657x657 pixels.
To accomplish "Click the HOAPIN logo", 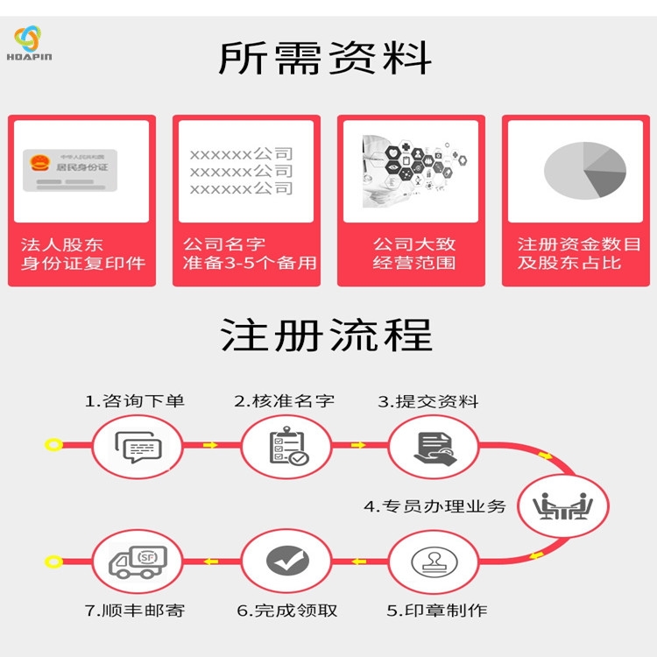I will point(33,44).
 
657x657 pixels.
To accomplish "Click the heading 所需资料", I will point(325,59).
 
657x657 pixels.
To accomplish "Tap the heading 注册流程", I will point(325,336).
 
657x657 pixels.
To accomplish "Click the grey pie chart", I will point(584,170).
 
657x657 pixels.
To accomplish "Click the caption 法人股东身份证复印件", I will point(82,253).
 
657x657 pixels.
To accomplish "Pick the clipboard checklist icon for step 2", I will point(287,447).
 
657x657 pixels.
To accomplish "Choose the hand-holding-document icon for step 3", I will point(434,447).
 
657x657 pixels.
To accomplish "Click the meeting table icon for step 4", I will point(564,505).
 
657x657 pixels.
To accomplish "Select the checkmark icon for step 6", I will point(286,561).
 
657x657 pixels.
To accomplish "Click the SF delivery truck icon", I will point(138,561).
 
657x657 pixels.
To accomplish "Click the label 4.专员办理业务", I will point(434,505).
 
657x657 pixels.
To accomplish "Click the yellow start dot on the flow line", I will point(53,445).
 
